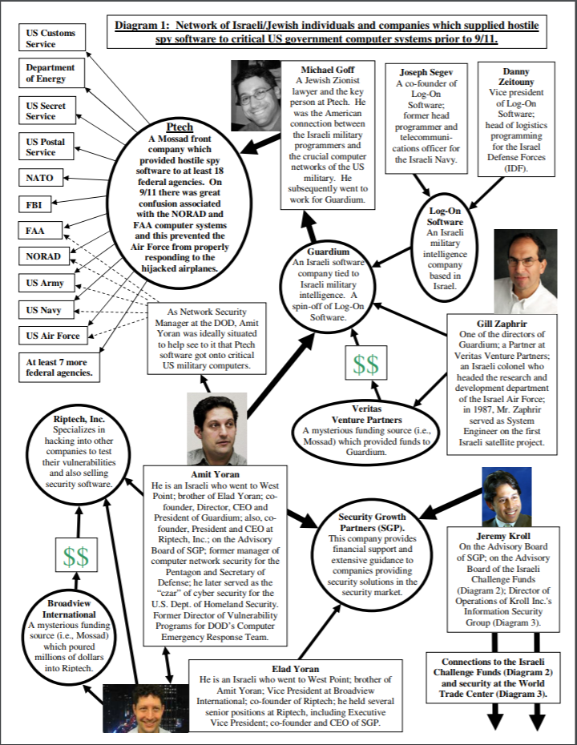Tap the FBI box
(x=39, y=204)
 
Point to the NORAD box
(x=45, y=257)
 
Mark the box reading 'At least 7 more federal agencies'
(x=60, y=366)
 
